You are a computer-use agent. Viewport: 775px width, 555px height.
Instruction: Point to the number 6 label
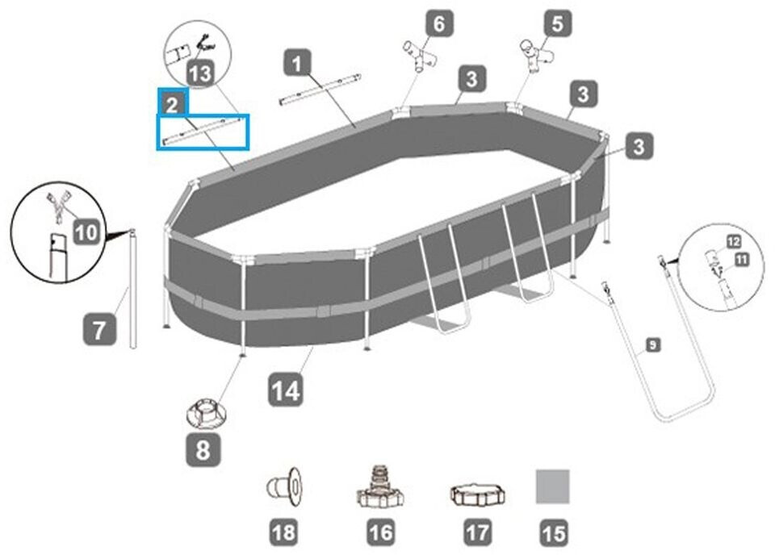tap(438, 23)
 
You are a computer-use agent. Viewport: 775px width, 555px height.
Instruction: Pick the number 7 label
tap(98, 330)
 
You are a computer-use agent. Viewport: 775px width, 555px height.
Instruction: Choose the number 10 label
tap(88, 234)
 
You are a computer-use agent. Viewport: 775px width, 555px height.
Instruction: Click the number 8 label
tap(202, 449)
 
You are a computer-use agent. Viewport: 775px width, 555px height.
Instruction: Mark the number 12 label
tap(733, 240)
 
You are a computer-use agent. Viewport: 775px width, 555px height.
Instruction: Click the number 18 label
tap(284, 532)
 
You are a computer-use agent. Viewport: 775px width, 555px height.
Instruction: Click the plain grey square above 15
tap(553, 486)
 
